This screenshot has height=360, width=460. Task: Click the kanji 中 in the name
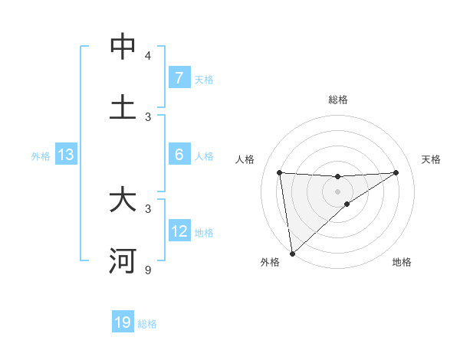123,47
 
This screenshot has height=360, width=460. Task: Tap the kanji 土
123,108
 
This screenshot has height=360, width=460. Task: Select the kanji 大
123,201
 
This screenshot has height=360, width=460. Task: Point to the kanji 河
123,261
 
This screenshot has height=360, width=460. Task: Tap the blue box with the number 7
179,77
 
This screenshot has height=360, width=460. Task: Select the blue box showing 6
179,155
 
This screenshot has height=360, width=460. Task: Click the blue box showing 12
179,231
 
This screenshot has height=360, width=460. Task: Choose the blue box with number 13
65,155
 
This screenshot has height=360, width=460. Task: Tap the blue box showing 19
123,322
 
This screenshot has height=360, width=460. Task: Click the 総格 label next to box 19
147,324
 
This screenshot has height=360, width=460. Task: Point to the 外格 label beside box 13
41,156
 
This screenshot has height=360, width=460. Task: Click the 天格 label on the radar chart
431,159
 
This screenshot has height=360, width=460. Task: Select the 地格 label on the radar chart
402,262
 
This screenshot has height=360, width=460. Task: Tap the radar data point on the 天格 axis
396,172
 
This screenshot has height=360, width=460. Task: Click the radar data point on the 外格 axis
292,253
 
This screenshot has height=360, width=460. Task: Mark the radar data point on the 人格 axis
280,172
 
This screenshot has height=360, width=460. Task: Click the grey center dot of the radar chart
338,191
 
